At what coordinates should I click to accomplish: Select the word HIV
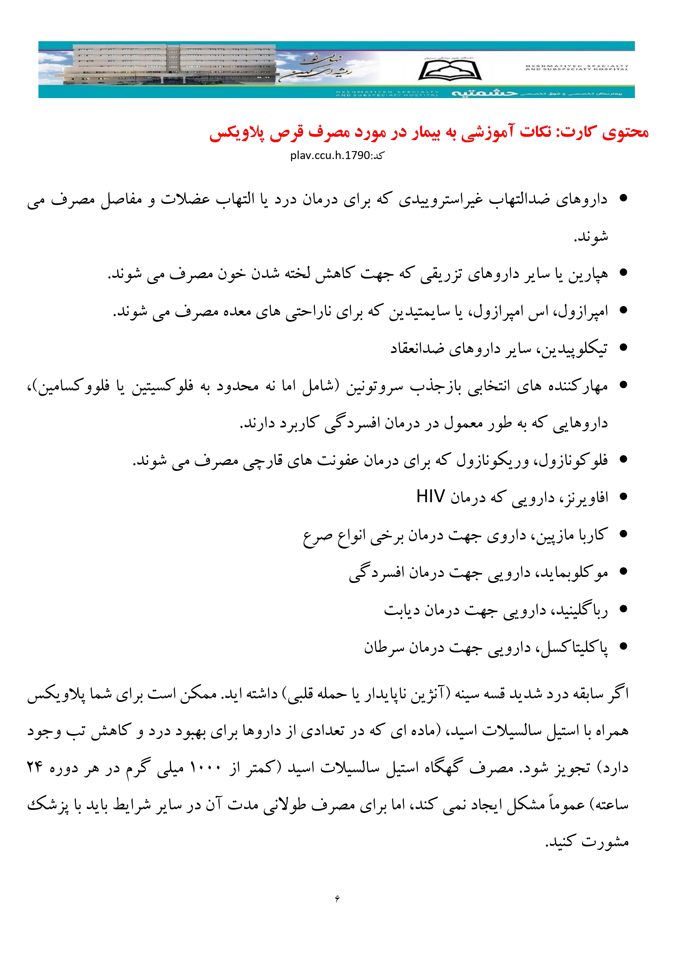(x=430, y=497)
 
